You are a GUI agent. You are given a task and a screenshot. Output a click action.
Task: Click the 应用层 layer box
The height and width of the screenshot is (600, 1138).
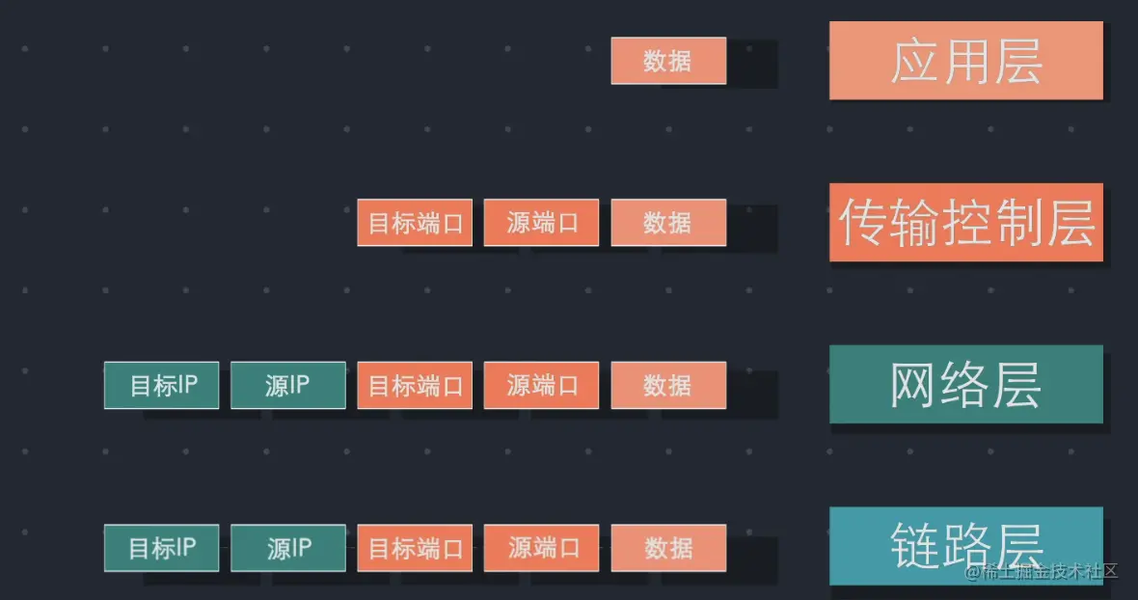tap(965, 60)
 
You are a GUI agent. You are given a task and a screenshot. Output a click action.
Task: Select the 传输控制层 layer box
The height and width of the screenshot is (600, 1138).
tap(965, 222)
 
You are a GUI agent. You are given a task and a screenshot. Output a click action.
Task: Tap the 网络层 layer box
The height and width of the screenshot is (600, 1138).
tap(965, 384)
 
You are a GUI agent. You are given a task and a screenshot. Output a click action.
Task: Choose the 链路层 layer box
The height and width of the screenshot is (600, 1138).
tap(965, 545)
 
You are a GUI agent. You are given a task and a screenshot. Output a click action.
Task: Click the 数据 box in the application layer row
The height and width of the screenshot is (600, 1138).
tap(667, 61)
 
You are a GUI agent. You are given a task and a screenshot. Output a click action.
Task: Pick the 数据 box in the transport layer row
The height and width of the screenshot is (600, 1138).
tap(667, 223)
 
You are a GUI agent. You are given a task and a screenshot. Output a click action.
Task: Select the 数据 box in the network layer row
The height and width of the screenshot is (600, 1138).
tap(667, 385)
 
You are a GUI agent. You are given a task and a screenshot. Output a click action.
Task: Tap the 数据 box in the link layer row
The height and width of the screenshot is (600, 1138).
tap(667, 548)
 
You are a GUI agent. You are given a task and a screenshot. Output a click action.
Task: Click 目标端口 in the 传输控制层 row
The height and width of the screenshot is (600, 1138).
tap(415, 223)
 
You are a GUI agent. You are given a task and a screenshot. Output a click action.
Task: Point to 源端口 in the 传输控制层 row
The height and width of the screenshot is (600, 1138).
tap(541, 223)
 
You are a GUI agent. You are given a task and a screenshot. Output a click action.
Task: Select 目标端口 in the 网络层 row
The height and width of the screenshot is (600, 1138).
tap(415, 385)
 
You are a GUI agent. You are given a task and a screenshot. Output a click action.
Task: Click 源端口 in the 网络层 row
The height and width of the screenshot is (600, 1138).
tap(541, 385)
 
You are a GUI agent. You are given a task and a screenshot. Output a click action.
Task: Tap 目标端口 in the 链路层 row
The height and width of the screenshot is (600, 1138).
tap(415, 548)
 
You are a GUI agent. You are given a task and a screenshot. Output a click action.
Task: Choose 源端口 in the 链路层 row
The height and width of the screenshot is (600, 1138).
tap(541, 548)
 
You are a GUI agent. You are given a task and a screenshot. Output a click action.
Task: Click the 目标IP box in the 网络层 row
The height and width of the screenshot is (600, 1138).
tap(161, 385)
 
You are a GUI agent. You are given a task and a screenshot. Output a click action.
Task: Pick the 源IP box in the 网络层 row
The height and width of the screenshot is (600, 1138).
tap(287, 385)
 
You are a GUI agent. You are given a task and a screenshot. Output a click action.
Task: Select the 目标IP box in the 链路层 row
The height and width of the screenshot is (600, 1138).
tap(161, 548)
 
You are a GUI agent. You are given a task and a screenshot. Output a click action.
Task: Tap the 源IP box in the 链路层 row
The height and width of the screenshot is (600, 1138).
tap(287, 548)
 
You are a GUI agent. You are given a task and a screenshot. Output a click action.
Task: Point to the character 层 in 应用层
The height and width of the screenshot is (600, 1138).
tap(1016, 61)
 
